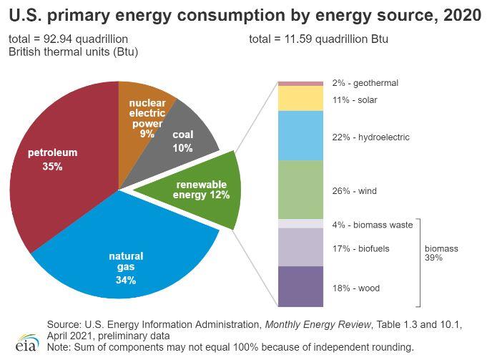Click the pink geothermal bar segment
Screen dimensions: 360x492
click(x=300, y=84)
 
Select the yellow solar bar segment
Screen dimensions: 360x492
click(x=300, y=98)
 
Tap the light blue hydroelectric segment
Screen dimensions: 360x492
click(x=300, y=135)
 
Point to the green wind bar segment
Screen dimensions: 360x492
click(x=300, y=190)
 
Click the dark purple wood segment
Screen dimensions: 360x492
click(x=300, y=286)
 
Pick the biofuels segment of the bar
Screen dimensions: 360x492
click(x=300, y=247)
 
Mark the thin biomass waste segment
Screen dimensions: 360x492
click(x=300, y=223)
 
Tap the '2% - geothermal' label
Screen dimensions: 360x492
click(x=365, y=83)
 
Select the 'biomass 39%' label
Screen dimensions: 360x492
click(x=441, y=253)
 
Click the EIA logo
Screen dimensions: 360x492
click(x=26, y=341)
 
